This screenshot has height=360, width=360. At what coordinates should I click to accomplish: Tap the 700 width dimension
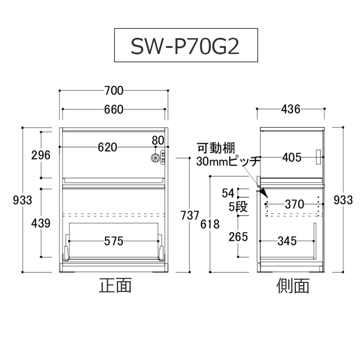(114, 91)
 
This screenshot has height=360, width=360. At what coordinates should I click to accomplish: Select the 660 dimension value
(114, 109)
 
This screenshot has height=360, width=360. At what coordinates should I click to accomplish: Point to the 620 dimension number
(107, 147)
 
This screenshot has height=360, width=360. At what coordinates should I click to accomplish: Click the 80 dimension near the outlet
(158, 140)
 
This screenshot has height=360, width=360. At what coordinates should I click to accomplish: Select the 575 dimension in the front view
(113, 241)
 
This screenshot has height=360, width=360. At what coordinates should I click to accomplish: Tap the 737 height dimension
(190, 215)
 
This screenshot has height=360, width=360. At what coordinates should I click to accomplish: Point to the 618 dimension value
(210, 224)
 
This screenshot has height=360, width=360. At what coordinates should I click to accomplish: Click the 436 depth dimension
(291, 109)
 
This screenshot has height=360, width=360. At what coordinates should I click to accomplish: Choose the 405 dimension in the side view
(291, 157)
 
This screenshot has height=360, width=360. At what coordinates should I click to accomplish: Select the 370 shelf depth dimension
(294, 204)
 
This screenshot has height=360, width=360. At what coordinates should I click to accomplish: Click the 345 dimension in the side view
(287, 241)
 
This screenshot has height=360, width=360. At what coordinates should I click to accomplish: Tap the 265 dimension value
(238, 237)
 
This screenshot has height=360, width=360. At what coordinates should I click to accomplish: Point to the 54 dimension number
(228, 193)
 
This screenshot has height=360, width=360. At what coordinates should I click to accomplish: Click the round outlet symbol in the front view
(155, 158)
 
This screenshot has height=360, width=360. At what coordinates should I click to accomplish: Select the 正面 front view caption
(115, 286)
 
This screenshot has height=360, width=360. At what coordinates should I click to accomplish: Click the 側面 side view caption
(293, 286)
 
